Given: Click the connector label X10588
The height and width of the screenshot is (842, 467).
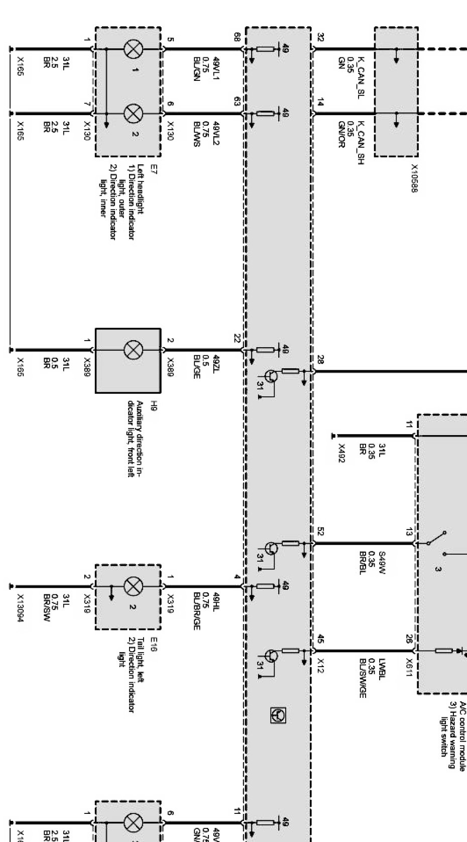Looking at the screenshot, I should tap(415, 178).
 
